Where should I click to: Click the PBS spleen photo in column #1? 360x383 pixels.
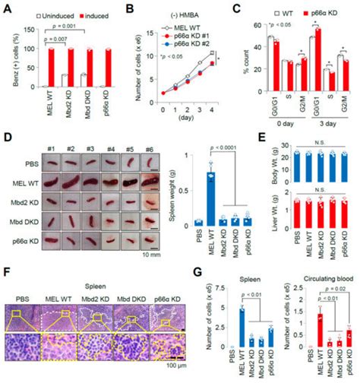pyautogui.click(x=46, y=160)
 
